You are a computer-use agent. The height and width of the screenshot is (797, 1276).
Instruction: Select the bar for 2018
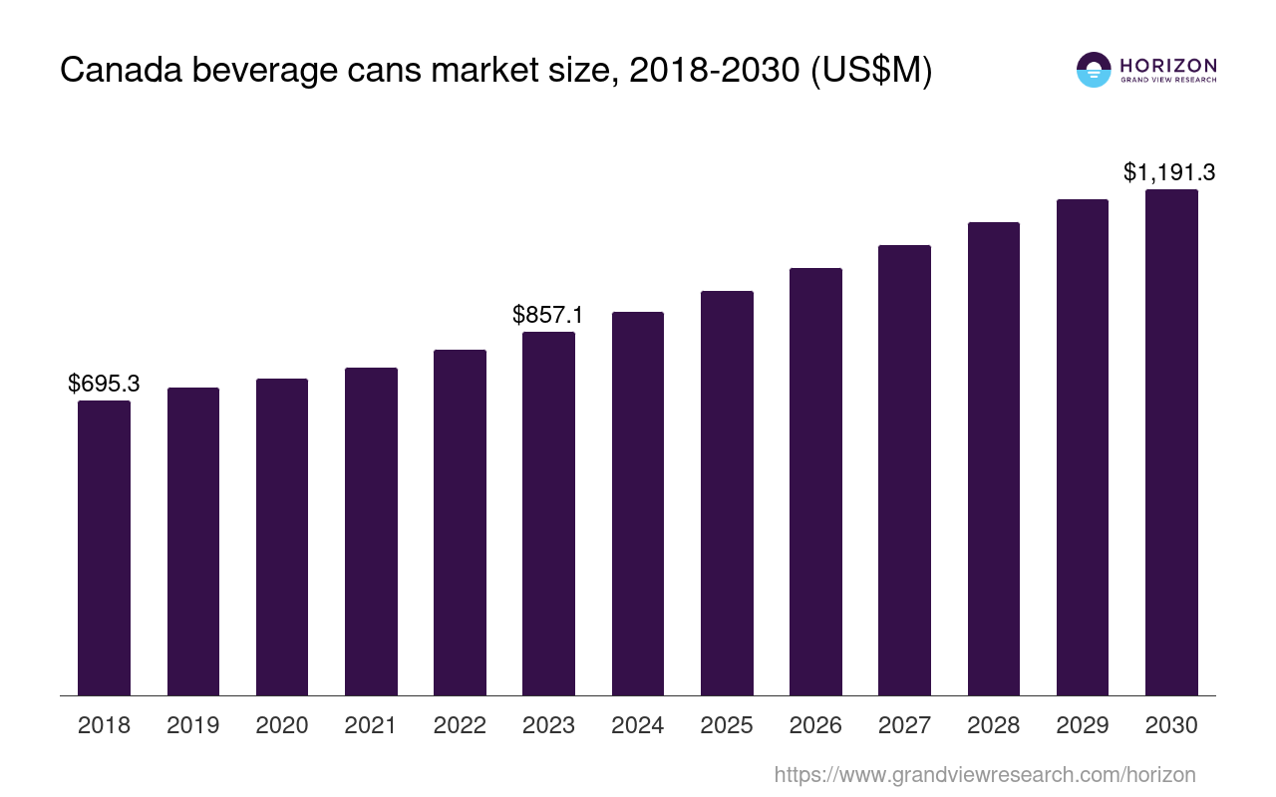coord(104,548)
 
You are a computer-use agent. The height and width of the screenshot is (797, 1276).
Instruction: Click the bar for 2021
coord(371,531)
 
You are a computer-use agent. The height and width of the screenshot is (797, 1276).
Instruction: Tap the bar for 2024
coord(638,503)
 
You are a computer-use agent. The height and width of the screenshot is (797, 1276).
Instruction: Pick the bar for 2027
coord(904,470)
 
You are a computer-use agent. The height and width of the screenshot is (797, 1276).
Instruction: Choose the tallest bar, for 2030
coord(1171,442)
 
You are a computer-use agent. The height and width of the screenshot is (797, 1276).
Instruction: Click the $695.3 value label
coord(104,383)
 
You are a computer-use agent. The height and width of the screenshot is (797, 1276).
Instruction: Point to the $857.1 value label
coord(547,315)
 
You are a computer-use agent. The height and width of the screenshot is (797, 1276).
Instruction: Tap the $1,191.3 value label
coord(1169,172)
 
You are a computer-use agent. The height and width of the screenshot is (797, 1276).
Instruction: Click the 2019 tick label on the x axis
coord(192,725)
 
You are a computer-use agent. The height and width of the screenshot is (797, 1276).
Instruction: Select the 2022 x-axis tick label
coord(460,725)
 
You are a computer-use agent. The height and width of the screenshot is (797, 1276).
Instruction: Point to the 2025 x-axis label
coord(727,725)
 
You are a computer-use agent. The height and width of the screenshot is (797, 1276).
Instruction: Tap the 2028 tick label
coord(993,725)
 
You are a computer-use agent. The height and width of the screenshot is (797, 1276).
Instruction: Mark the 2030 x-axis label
coord(1171,725)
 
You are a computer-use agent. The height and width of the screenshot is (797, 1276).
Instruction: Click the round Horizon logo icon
coord(1094,70)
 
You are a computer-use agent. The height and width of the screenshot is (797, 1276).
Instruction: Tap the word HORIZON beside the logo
coord(1168,65)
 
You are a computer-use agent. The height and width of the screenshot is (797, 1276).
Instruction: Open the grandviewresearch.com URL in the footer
coord(984,774)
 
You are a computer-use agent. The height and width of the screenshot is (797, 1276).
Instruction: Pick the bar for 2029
coord(1083,447)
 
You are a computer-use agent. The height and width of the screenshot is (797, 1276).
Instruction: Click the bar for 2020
coord(282,537)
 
